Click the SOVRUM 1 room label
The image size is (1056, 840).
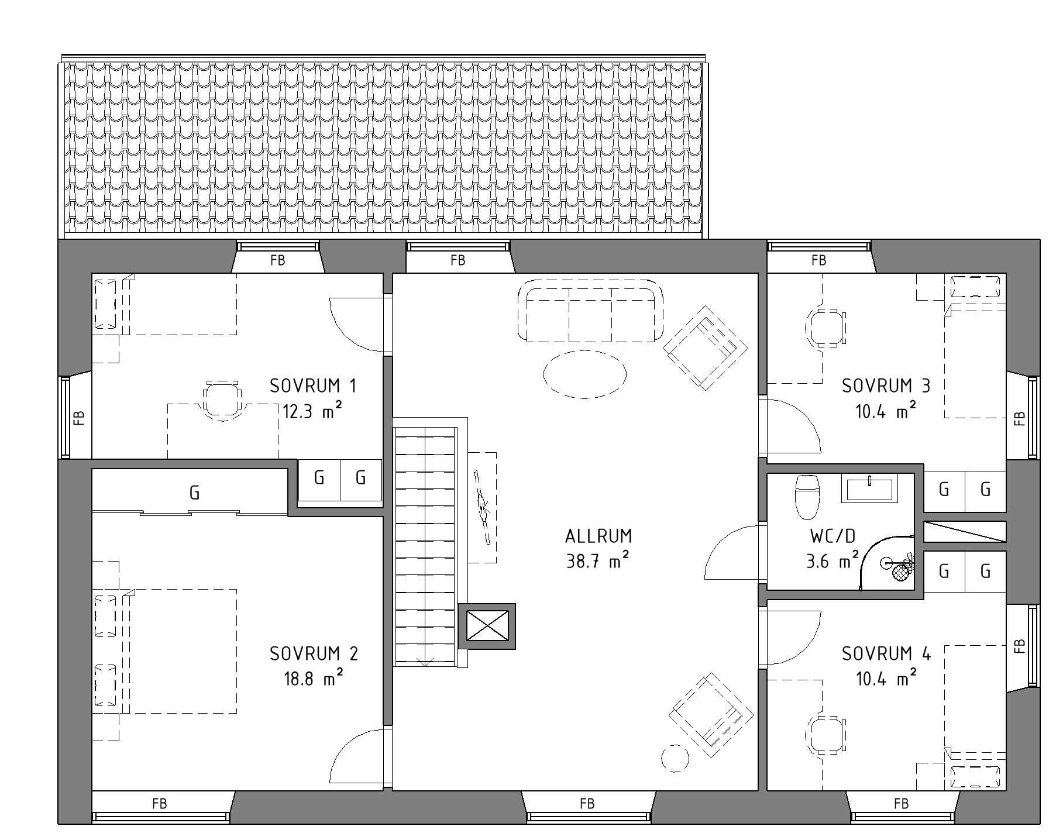[313, 386]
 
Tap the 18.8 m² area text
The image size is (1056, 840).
[313, 679]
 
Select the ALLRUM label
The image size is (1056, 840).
[598, 536]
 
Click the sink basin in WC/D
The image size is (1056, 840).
[869, 489]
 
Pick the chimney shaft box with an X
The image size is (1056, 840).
[487, 626]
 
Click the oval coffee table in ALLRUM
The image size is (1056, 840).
[585, 374]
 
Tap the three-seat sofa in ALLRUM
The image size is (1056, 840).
[591, 311]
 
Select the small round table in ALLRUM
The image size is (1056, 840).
[675, 759]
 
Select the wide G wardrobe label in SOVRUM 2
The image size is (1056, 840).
[195, 493]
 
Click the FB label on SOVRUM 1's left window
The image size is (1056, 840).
[80, 417]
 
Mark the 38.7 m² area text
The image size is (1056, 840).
[598, 562]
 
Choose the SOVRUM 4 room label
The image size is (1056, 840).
[886, 653]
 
